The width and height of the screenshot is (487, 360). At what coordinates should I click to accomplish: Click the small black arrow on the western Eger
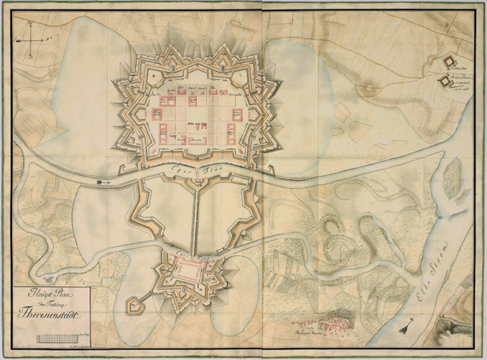(x=102, y=185)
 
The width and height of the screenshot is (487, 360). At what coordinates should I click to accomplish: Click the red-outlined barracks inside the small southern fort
(x=187, y=273)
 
